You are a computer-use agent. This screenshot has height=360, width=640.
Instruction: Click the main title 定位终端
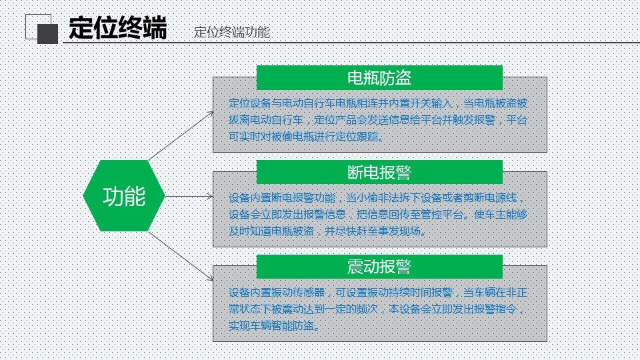pos(117,28)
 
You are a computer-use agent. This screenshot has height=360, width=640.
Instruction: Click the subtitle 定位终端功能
pos(232,32)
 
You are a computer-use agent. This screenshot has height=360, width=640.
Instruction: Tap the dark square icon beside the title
pos(48,34)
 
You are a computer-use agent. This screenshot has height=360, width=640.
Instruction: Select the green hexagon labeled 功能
pos(124,196)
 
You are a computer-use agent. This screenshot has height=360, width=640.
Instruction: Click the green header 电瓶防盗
pos(379,77)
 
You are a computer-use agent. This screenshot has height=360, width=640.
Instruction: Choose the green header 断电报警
pos(379,172)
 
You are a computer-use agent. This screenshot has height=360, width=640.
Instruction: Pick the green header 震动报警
pos(379,267)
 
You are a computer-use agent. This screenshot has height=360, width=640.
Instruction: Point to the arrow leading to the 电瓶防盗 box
pos(181,135)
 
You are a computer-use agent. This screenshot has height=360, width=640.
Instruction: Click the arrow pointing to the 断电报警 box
pos(189,196)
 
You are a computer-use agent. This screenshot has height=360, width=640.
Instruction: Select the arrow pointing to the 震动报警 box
pos(181,256)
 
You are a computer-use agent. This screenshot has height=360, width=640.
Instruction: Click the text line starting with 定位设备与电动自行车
pos(378,103)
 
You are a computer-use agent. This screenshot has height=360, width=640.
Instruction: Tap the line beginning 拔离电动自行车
pos(378,120)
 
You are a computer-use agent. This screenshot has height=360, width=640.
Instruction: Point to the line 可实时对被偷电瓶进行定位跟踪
pos(307,137)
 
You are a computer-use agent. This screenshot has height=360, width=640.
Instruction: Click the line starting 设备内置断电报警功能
pos(376,198)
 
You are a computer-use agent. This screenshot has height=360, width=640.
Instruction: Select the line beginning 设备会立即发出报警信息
pos(378,215)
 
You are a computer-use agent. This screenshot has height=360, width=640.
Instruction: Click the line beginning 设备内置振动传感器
pos(378,293)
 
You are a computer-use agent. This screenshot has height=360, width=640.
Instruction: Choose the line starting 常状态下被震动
pos(376,309)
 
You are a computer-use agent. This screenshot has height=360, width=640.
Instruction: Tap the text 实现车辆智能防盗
pos(274,326)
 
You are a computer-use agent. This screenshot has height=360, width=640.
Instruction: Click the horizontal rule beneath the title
pos(351,42)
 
